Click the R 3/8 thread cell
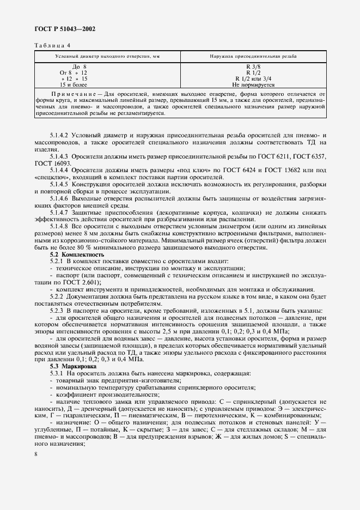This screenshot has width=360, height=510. coord(253,66)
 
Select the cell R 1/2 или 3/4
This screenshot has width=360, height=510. coord(253,79)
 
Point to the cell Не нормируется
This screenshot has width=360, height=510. coord(253,85)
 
